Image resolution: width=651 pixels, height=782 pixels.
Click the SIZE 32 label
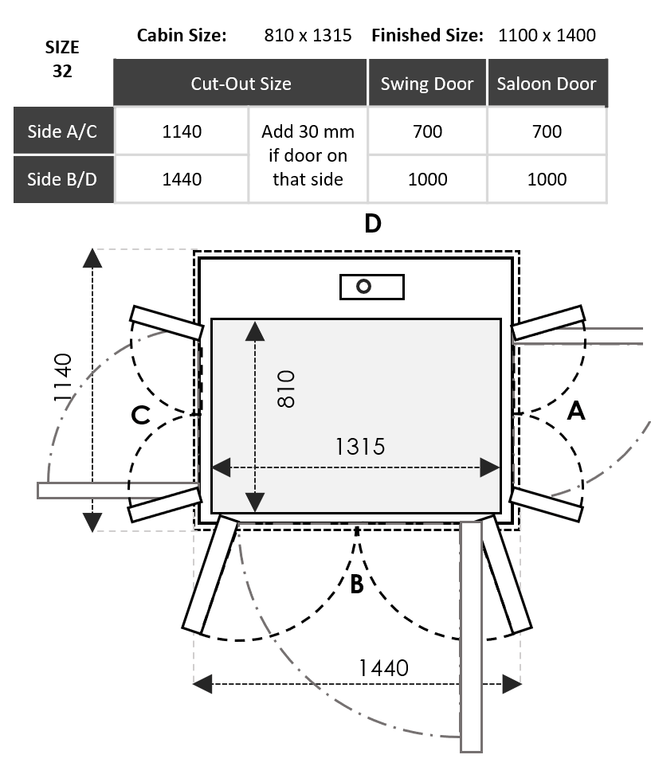click(x=62, y=59)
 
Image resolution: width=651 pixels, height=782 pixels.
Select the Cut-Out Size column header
click(x=241, y=84)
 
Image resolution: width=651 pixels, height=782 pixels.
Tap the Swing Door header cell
click(x=427, y=84)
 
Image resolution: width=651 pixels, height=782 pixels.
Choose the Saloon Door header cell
click(x=547, y=84)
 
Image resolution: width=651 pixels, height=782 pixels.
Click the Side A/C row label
click(x=62, y=131)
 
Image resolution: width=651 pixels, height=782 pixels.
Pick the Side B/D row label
click(x=62, y=179)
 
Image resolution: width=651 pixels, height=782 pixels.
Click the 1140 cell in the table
click(x=182, y=131)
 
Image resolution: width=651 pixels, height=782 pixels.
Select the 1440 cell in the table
click(x=182, y=179)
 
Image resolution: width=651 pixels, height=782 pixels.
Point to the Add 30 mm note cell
click(x=308, y=155)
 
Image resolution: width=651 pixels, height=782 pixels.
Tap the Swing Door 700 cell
click(x=427, y=131)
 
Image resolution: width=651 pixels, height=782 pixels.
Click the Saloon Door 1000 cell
click(x=547, y=179)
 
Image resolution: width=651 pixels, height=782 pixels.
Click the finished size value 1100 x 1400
click(x=547, y=35)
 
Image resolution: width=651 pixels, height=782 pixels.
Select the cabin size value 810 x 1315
click(x=308, y=35)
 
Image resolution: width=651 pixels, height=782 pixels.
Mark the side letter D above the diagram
click(x=372, y=224)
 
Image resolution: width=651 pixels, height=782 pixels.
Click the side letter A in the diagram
click(x=575, y=411)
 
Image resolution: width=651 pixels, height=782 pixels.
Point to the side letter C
click(x=140, y=415)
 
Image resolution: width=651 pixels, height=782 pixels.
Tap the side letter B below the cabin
click(x=356, y=585)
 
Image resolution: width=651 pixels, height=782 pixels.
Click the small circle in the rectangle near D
click(x=364, y=287)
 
